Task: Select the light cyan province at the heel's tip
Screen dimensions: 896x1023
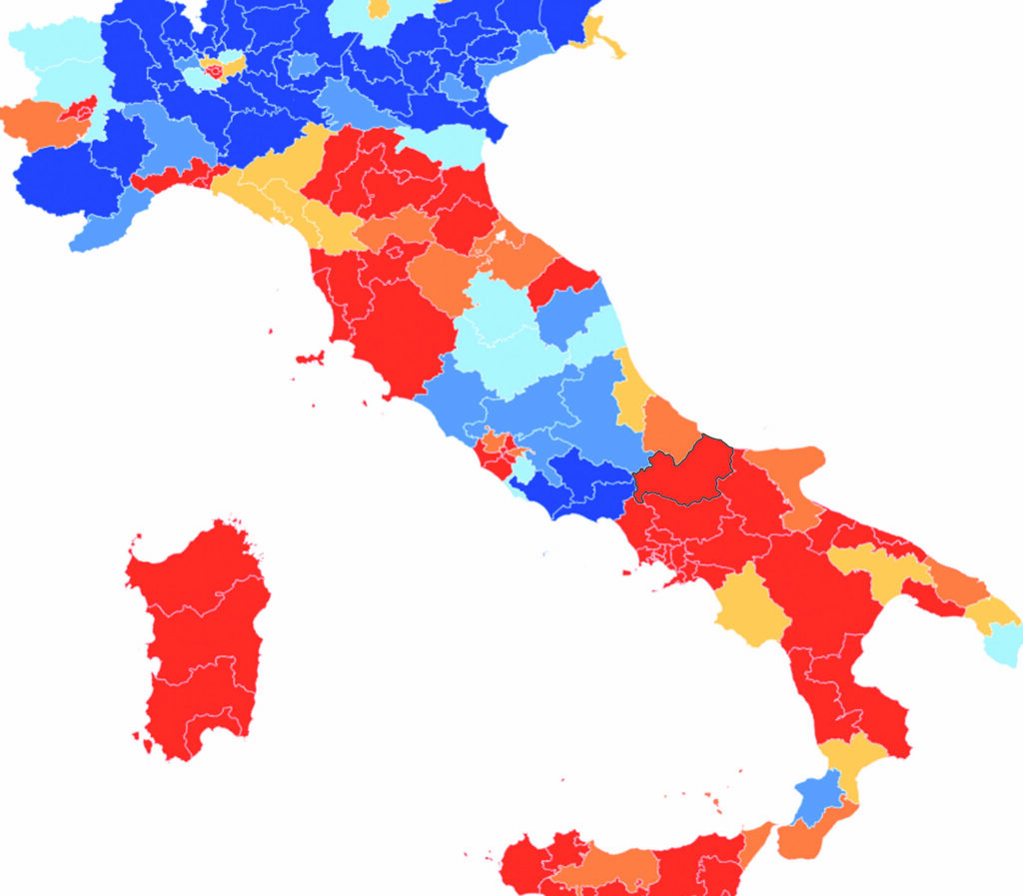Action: (x=1003, y=644)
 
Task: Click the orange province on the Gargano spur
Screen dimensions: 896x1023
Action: (x=789, y=465)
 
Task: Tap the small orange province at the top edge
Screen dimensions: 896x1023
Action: (x=379, y=8)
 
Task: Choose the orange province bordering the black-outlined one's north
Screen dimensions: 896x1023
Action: (x=669, y=425)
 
